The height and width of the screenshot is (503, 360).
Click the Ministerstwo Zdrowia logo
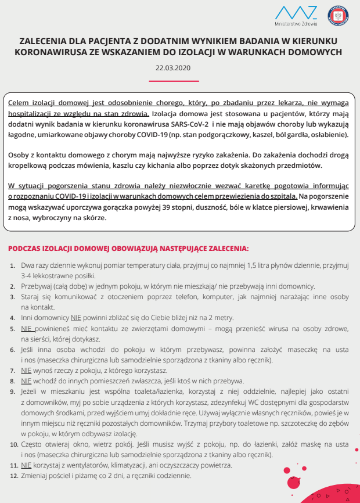(296, 16)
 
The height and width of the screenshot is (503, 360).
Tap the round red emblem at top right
(337, 16)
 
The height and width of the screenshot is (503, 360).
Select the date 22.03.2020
(173, 67)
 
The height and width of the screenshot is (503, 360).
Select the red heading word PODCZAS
(24, 248)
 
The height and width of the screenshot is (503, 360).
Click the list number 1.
(14, 265)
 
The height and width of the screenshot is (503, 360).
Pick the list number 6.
(14, 349)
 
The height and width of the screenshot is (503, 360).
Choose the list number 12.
(14, 475)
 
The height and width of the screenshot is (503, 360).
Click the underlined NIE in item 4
(76, 318)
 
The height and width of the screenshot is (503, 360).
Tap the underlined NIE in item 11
(26, 465)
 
